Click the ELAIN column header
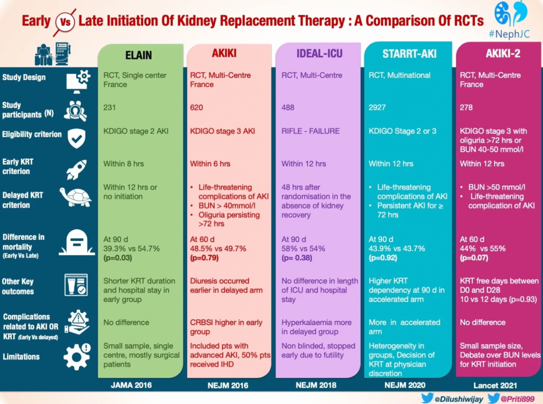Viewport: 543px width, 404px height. tap(138, 55)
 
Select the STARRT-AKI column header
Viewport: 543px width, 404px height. tap(409, 54)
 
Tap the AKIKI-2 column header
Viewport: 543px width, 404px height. tap(503, 53)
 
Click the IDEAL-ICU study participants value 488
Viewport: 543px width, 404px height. tap(288, 107)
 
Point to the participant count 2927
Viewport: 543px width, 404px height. tap(377, 107)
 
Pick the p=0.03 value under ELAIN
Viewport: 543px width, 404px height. tap(118, 257)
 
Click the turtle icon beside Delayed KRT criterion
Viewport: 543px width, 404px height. tap(76, 197)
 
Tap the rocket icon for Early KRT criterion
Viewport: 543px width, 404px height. tap(76, 169)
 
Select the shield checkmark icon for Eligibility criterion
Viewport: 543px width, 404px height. tap(76, 138)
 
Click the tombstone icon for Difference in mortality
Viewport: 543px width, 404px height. tap(77, 243)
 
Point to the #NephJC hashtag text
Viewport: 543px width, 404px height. tap(509, 34)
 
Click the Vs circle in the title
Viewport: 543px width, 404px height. tap(65, 22)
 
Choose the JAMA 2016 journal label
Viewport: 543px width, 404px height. tap(132, 385)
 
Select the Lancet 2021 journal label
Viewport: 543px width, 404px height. tap(495, 385)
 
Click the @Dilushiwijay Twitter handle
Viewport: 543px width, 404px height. tap(459, 399)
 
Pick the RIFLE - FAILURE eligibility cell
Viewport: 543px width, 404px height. tap(311, 131)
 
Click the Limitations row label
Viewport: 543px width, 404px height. tap(21, 357)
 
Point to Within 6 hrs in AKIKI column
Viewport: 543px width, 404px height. tap(210, 164)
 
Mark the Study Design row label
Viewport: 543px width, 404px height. tap(24, 78)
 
